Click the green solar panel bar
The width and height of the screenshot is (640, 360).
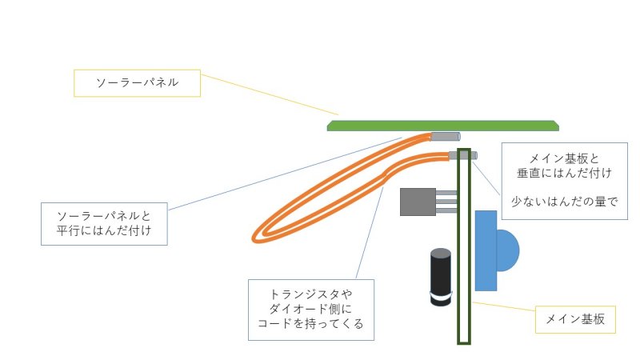[x=443, y=126]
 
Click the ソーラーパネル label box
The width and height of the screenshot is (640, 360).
[x=137, y=83]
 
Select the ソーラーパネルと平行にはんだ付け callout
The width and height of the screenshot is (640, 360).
[x=104, y=224]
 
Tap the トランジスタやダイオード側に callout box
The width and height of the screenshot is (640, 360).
[x=311, y=310]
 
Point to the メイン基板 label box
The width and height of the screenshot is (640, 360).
[x=575, y=319]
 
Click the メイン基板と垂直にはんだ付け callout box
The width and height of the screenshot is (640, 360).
[x=565, y=181]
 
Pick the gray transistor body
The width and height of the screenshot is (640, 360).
[x=418, y=202]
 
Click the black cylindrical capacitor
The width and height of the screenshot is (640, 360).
[x=441, y=277]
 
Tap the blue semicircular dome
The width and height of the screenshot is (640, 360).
[x=508, y=250]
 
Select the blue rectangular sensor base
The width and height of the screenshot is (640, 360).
[x=486, y=250]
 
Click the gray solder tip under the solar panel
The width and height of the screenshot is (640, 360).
[x=446, y=137]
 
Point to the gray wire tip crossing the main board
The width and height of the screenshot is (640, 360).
[x=463, y=155]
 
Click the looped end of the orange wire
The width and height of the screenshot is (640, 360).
[x=257, y=237]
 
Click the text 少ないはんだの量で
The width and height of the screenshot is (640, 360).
[x=565, y=202]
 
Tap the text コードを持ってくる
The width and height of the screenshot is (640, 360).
[x=310, y=324]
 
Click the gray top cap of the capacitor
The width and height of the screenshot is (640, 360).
[x=441, y=253]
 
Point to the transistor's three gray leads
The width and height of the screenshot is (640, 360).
[x=446, y=202]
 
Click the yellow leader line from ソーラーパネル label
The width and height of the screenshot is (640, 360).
[x=270, y=94]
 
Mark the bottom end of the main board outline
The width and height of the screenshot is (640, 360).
[x=464, y=343]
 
